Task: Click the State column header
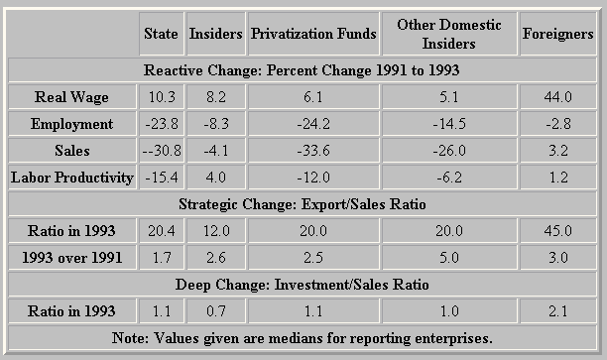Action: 161,34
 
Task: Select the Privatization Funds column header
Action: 313,34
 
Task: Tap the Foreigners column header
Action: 557,34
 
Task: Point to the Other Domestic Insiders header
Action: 449,34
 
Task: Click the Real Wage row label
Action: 71,97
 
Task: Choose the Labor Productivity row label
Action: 72,178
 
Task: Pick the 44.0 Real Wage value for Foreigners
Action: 557,97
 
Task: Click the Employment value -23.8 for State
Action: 162,124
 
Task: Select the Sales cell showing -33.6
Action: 313,151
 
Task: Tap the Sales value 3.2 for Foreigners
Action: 557,151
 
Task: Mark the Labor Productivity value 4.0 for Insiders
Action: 215,178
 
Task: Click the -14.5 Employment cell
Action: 449,124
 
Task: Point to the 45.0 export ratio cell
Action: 557,231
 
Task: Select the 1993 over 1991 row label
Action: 72,258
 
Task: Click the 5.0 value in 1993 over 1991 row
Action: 449,258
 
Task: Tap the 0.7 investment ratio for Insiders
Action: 215,311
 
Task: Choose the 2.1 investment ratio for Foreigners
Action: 557,311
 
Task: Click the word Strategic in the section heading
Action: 208,204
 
